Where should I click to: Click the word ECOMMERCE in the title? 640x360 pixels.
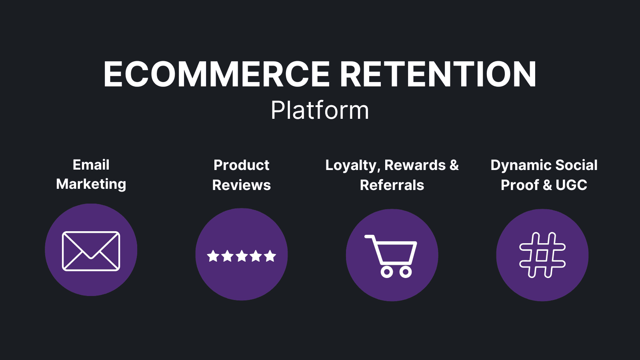tap(216, 74)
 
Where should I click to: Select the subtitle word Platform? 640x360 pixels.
tap(320, 110)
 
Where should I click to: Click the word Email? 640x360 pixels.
tap(91, 165)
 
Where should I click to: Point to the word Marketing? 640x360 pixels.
tap(91, 184)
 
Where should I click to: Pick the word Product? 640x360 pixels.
tap(241, 165)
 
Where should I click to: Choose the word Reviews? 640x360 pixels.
tap(241, 185)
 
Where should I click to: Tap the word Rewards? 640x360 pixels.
tap(415, 165)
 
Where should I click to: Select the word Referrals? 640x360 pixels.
tap(392, 185)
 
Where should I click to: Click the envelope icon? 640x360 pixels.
tap(91, 251)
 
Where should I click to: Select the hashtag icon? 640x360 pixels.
tap(542, 255)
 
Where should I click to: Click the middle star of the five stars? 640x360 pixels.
tap(242, 256)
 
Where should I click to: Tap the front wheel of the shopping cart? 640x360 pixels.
tap(406, 272)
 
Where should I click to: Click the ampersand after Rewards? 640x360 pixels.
tap(454, 165)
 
